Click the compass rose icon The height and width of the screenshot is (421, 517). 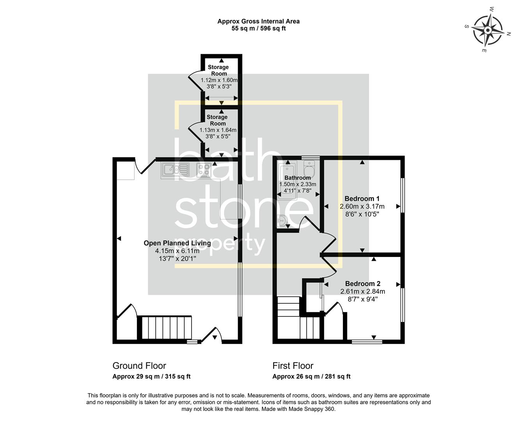488,30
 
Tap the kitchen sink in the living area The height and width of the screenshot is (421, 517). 175,170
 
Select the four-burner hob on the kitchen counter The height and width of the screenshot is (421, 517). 204,170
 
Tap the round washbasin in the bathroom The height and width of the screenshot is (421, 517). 282,221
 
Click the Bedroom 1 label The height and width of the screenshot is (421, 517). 362,199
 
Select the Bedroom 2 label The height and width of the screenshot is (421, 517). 362,284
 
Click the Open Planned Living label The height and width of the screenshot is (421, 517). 177,243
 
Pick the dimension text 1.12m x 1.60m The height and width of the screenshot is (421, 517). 219,80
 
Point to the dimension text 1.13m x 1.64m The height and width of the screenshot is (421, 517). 218,130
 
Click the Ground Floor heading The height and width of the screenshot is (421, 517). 139,366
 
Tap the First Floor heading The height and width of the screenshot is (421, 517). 293,366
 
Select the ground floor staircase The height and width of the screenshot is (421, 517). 167,327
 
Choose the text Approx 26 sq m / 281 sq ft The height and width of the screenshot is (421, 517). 311,377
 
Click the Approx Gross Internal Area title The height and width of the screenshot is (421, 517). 258,21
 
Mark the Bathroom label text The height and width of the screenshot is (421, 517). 297,178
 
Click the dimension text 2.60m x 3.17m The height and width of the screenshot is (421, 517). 362,207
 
